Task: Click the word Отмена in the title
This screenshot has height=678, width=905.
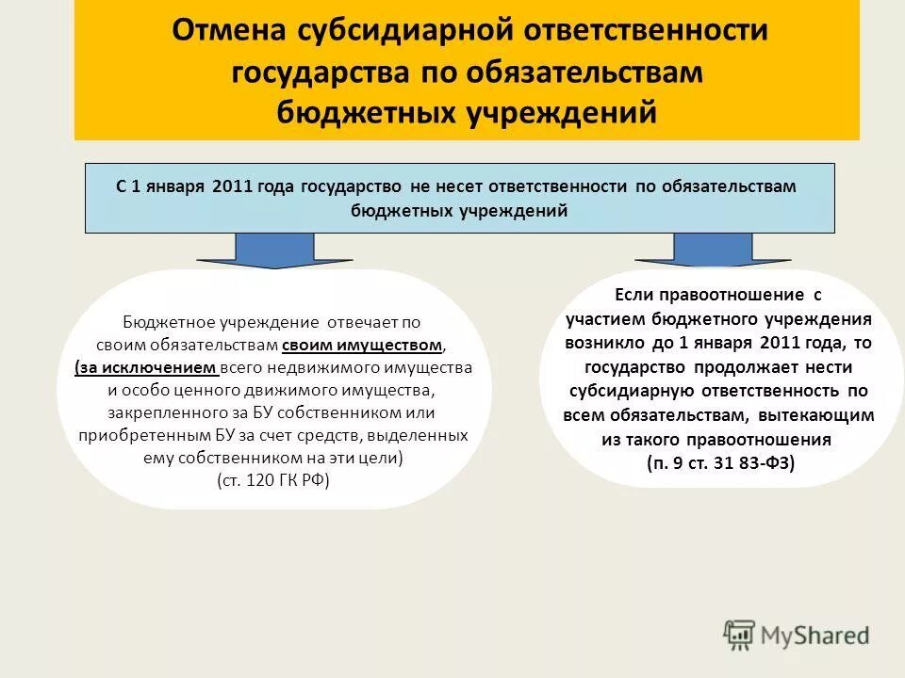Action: pyautogui.click(x=224, y=30)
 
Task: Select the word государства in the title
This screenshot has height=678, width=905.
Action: pyautogui.click(x=315, y=72)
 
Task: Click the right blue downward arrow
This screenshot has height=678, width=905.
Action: pyautogui.click(x=713, y=250)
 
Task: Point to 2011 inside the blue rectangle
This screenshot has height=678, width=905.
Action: pyautogui.click(x=232, y=186)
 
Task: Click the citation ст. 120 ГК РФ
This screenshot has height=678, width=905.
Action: pyautogui.click(x=273, y=480)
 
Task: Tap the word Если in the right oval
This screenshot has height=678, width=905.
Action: pyautogui.click(x=634, y=296)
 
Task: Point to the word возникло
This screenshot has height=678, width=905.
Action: pyautogui.click(x=602, y=343)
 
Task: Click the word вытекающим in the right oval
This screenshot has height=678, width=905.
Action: pyautogui.click(x=826, y=414)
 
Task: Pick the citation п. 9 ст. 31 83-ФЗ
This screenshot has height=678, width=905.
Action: pyautogui.click(x=720, y=462)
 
